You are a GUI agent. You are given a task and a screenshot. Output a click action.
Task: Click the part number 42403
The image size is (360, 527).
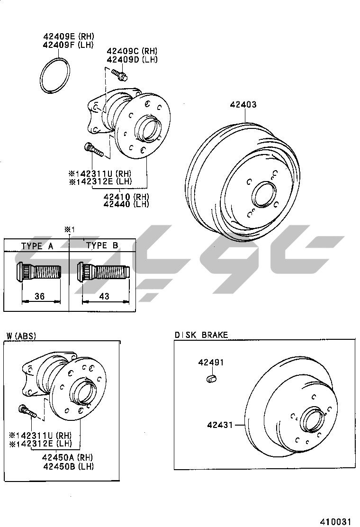[x=243, y=105]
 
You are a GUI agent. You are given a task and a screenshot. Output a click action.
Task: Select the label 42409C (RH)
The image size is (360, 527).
[x=132, y=51]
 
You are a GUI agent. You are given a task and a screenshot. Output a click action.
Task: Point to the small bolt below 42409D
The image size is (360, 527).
[x=119, y=74]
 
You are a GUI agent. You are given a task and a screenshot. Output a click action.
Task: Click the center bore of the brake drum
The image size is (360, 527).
[x=264, y=195]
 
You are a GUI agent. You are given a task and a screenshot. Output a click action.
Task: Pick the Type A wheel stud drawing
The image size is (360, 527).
[x=38, y=272]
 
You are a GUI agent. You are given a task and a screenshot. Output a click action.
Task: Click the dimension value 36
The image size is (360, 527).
[x=40, y=296]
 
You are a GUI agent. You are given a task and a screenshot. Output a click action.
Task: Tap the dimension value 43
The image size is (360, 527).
[x=104, y=296]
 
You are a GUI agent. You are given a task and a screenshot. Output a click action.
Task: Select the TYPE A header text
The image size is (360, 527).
[x=37, y=246]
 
